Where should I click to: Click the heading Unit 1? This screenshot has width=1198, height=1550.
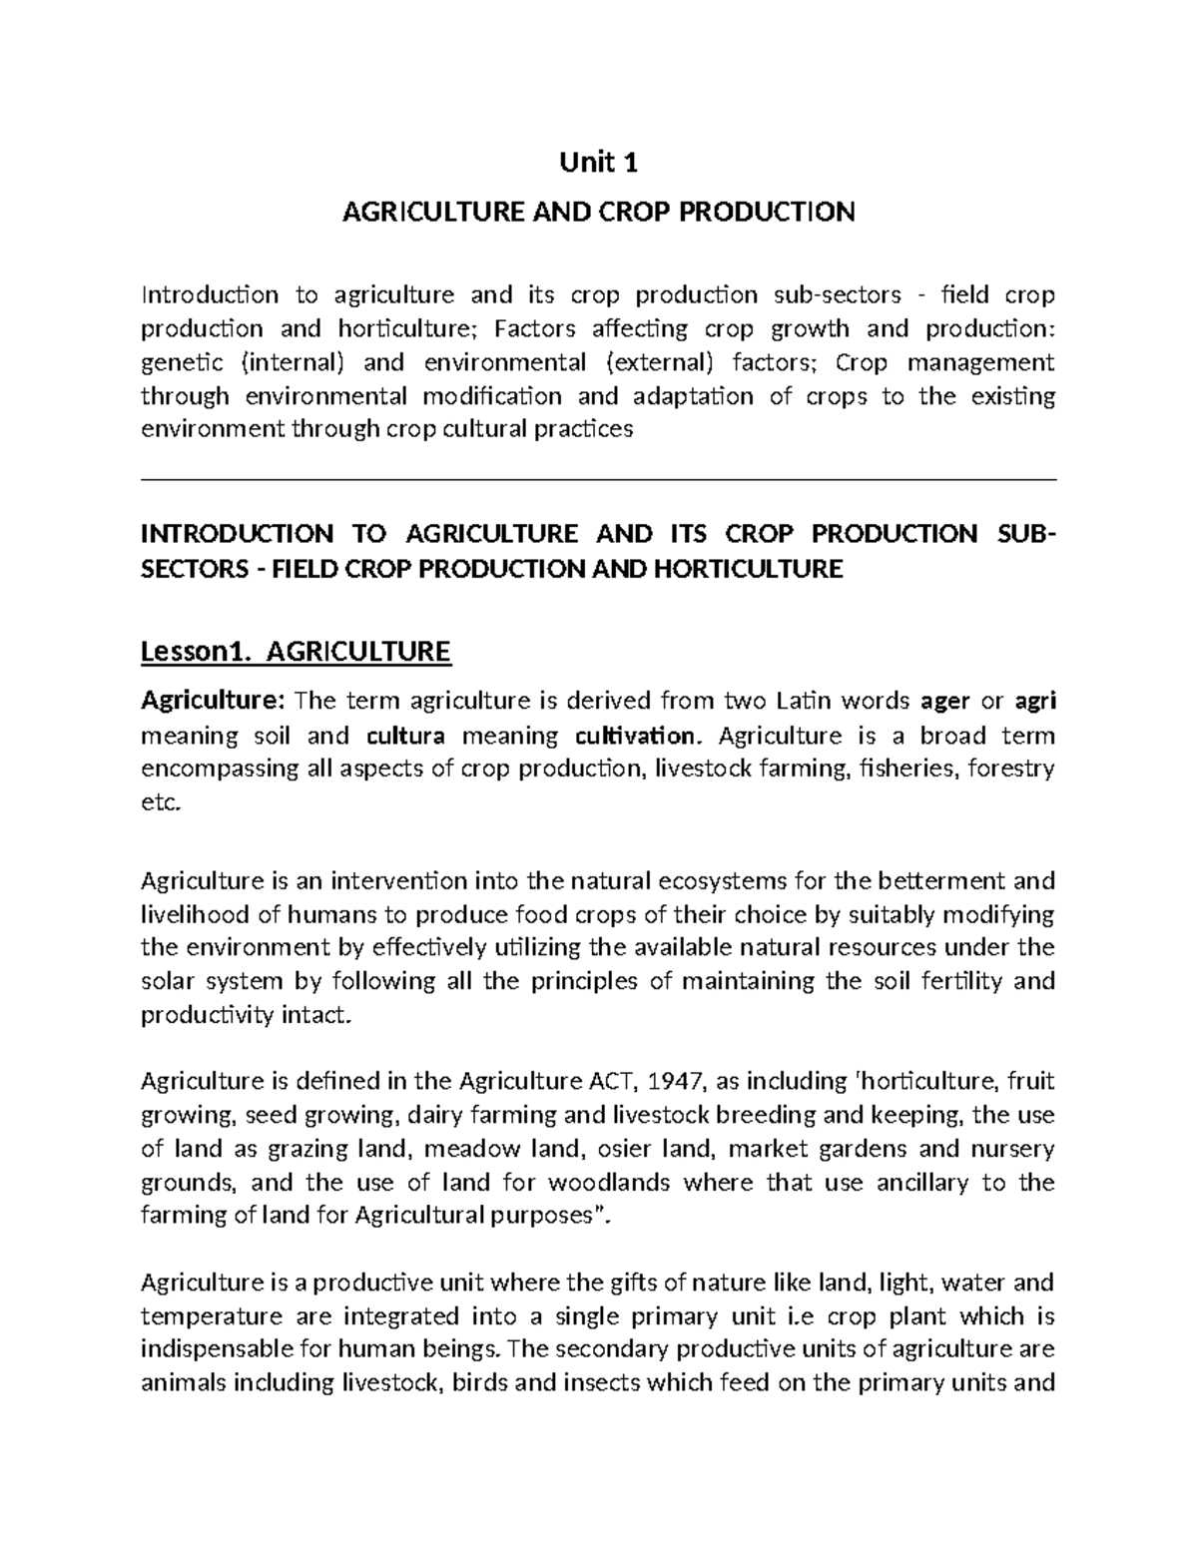tap(599, 162)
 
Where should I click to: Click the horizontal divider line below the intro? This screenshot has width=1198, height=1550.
tap(599, 479)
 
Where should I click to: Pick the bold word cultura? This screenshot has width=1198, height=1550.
tap(406, 736)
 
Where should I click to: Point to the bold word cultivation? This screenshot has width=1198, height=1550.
tap(632, 736)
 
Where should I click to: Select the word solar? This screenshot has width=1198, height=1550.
tap(169, 981)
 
